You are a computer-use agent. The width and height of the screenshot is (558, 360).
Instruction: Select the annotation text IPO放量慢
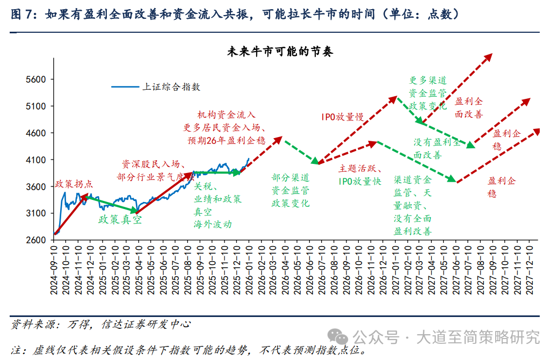pyautogui.click(x=342, y=117)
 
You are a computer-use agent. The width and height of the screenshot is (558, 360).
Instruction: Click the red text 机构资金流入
pyautogui.click(x=226, y=115)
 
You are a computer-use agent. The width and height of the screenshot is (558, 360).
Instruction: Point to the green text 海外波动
pyautogui.click(x=213, y=224)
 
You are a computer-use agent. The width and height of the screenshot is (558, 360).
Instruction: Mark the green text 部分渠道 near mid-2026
pyautogui.click(x=290, y=177)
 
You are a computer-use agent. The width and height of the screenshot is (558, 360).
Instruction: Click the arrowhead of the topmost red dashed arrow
pyautogui.click(x=489, y=56)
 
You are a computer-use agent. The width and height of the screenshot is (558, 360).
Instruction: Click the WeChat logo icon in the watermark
pyautogui.click(x=339, y=337)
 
